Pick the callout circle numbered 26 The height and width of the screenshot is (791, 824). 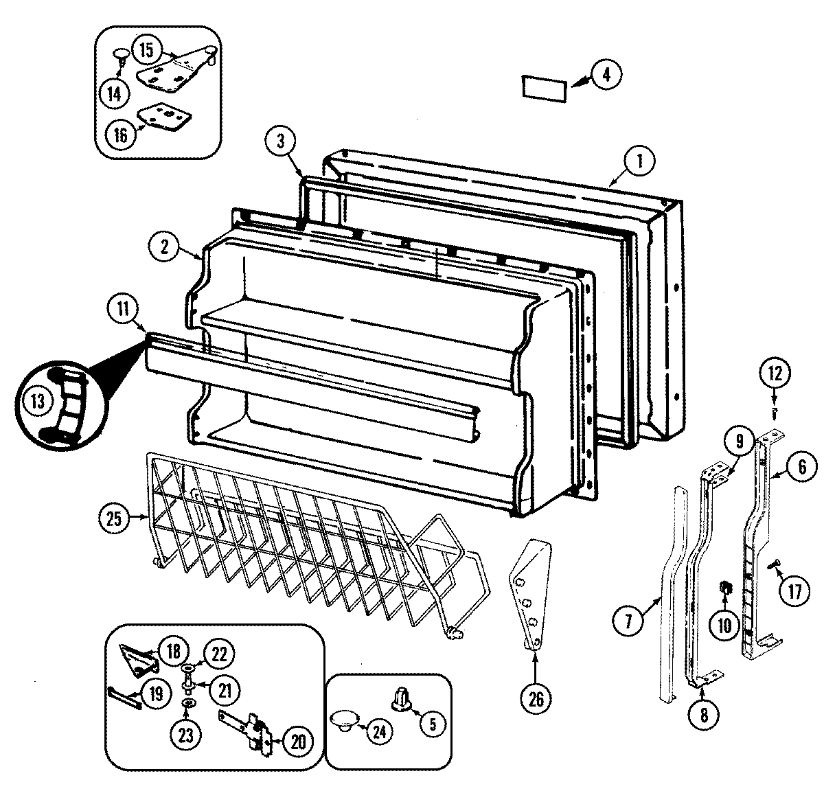point(536,698)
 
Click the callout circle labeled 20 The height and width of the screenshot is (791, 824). point(297,742)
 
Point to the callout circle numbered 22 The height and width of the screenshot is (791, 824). point(218,654)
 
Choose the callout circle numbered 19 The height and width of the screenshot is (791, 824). point(156,693)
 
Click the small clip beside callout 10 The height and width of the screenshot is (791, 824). point(724,588)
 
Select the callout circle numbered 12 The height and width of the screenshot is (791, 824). point(774,374)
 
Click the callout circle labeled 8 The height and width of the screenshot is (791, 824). point(705,713)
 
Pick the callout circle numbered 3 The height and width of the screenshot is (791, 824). point(280,141)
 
